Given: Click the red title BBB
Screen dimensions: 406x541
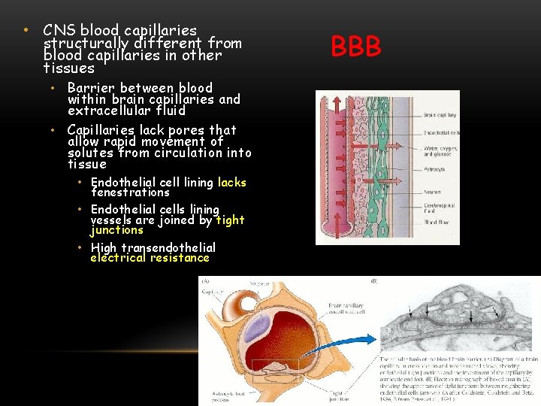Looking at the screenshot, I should pos(356,47).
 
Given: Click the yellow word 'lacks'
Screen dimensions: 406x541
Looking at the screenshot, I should pos(231,183).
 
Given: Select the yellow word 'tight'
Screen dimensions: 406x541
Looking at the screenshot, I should pos(229,220).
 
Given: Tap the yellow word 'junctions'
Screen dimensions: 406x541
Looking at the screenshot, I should pos(116,230).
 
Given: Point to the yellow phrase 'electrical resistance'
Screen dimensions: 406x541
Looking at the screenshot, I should pos(150,258).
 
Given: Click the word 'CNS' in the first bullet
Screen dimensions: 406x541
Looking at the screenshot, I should pos(59,31).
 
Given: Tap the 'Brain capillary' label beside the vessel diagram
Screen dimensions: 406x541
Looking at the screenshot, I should pos(440,116).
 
